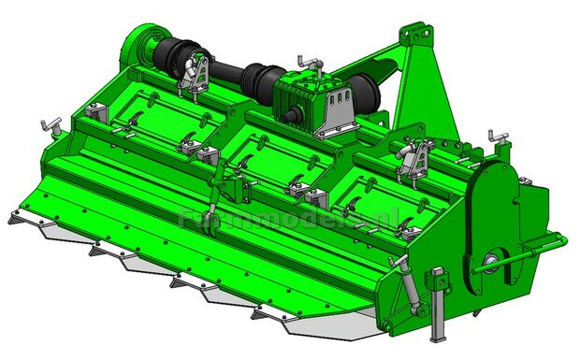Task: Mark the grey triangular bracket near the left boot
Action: (194, 77)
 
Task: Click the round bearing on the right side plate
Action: (491, 265)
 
